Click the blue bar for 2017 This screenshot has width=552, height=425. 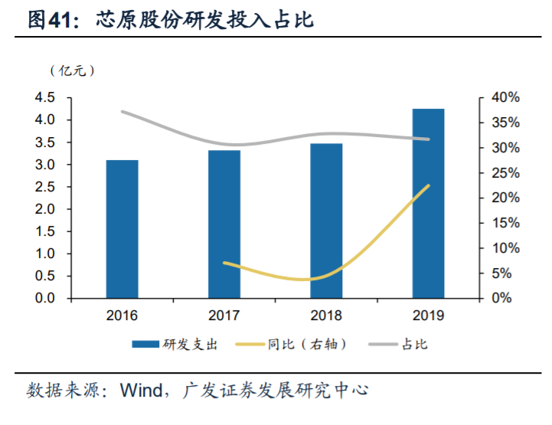(224, 224)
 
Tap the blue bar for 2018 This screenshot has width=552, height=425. (326, 221)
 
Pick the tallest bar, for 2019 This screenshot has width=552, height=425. (428, 203)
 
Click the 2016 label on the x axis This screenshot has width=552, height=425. (122, 315)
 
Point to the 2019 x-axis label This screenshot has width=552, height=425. (428, 315)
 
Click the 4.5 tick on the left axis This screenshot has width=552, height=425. (45, 98)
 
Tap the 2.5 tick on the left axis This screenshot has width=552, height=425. (45, 187)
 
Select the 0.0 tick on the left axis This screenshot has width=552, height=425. (45, 298)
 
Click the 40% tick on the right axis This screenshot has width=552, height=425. (506, 98)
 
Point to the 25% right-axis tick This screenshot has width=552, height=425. (506, 173)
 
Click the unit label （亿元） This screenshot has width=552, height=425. (72, 70)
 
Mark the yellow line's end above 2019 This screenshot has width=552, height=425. (429, 185)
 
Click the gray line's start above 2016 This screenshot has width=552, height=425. (122, 112)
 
